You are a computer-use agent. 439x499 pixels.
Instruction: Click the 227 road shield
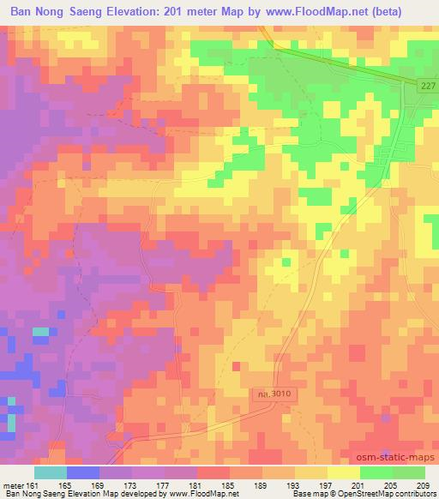[429, 86]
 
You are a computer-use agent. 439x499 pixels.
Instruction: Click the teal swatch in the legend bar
[51, 472]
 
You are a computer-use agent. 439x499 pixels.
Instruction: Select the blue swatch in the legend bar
[83, 472]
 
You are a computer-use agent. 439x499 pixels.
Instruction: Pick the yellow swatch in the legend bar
[344, 472]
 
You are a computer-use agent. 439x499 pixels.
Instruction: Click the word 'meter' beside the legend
[11, 484]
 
